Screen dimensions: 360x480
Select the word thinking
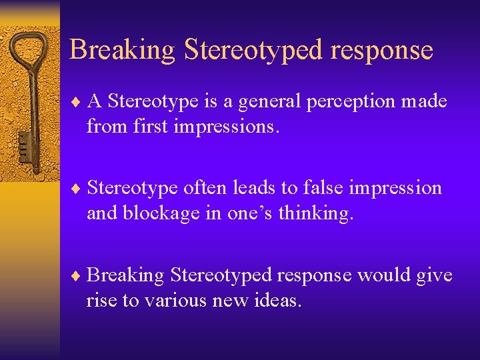click(x=320, y=213)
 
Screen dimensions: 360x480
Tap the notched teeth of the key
click(x=25, y=143)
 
